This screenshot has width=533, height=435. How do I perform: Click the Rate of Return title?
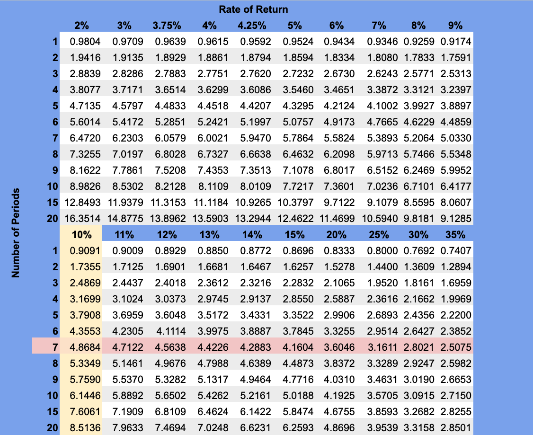coord(253,9)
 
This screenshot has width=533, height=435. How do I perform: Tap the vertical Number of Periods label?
coord(17,232)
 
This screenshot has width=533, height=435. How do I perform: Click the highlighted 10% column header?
coord(81,234)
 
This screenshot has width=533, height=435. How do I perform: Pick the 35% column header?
coord(455,234)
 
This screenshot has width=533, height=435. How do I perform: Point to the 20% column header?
coord(337,234)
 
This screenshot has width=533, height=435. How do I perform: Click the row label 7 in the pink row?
coord(55,347)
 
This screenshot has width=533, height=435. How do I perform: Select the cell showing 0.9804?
coord(85,42)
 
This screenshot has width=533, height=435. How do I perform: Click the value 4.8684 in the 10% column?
coord(85,347)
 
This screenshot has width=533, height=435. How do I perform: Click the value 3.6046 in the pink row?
coord(339,347)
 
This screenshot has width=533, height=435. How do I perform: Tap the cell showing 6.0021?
coord(212,138)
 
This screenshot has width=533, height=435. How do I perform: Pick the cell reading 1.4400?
coord(382,266)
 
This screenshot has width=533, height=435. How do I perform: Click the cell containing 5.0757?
coord(298,122)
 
